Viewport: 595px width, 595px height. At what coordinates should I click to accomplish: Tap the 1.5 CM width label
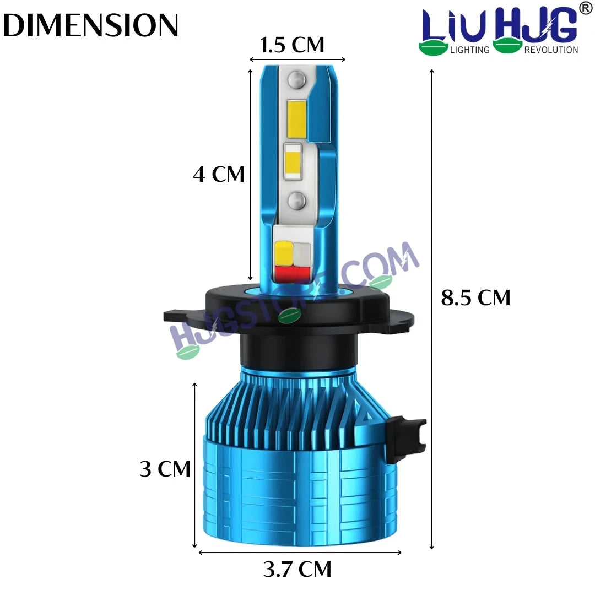292,45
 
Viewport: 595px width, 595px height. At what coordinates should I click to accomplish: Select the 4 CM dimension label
219,174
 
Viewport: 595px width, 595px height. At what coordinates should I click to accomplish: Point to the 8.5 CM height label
475,297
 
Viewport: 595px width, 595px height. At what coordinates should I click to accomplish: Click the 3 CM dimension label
165,469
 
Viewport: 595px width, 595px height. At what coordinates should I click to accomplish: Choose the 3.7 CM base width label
297,569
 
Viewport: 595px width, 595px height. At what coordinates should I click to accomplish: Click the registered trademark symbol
585,9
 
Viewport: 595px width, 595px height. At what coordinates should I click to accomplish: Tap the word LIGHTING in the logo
469,50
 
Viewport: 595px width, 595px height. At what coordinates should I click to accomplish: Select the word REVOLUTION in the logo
551,50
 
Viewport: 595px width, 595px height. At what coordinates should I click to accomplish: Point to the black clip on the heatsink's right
405,439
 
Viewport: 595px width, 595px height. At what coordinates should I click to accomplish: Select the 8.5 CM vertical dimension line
431,309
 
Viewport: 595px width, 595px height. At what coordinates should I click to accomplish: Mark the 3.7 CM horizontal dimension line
300,551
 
